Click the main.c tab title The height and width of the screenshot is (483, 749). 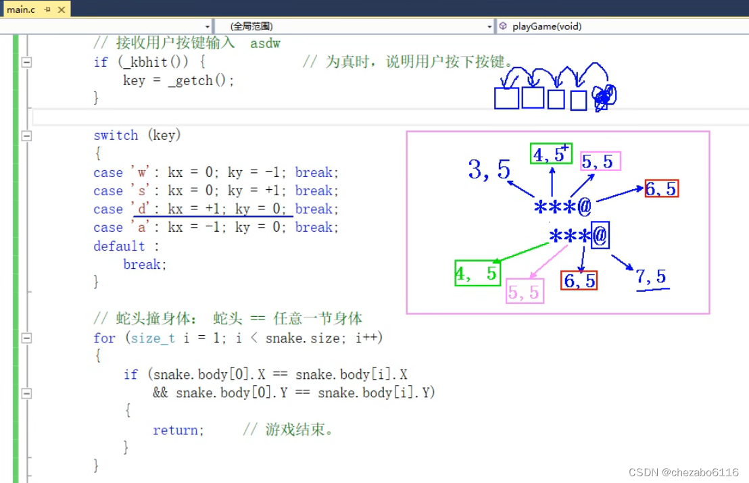pyautogui.click(x=21, y=9)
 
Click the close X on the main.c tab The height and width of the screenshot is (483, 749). pyautogui.click(x=62, y=9)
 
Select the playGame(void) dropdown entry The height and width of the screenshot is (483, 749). pyautogui.click(x=547, y=26)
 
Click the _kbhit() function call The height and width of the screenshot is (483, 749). pyautogui.click(x=153, y=62)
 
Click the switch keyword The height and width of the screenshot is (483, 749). pyautogui.click(x=116, y=136)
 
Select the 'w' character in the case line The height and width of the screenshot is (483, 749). pyautogui.click(x=141, y=172)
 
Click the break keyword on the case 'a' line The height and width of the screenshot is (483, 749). pyautogui.click(x=314, y=227)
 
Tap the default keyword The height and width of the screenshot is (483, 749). pyautogui.click(x=119, y=246)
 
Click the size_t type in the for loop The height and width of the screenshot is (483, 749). pyautogui.click(x=153, y=338)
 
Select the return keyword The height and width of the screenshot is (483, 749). pyautogui.click(x=175, y=430)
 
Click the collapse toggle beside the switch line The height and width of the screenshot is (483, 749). pyautogui.click(x=27, y=136)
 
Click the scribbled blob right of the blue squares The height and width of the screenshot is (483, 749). pyautogui.click(x=604, y=97)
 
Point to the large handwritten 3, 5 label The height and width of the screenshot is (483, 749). pyautogui.click(x=489, y=170)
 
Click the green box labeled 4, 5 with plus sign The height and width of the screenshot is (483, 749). pyautogui.click(x=551, y=154)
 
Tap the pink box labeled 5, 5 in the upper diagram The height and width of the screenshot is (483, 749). pyautogui.click(x=600, y=161)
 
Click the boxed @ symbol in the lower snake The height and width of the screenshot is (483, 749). pyautogui.click(x=600, y=235)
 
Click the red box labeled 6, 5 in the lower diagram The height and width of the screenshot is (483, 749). pyautogui.click(x=579, y=280)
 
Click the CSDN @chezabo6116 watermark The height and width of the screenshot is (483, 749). pyautogui.click(x=683, y=472)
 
